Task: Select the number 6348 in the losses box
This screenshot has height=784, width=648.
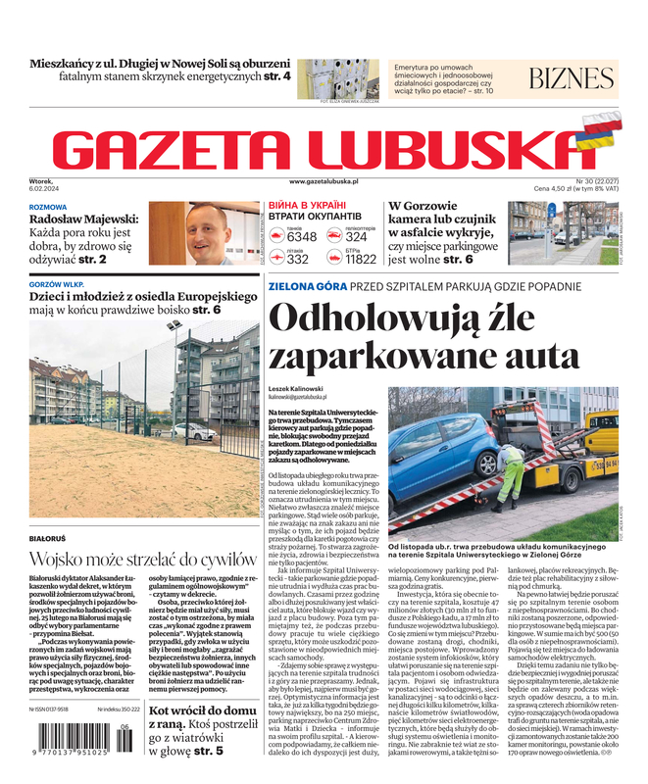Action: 302,237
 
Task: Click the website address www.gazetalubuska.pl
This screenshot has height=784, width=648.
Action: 324,182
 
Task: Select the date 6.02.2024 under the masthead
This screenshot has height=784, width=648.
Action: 45,189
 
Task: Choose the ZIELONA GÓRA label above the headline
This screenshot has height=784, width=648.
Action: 304,287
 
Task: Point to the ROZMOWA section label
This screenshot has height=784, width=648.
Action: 48,207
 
